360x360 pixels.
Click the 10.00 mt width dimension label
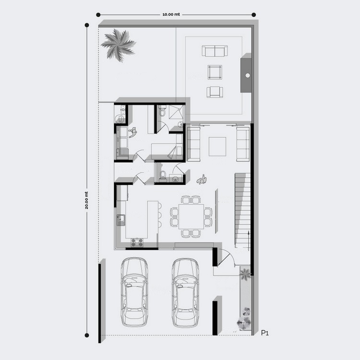(171, 14)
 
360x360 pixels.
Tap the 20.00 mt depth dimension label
(86, 200)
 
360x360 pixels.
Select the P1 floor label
(265, 333)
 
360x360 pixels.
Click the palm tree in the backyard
(119, 45)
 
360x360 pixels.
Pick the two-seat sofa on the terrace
(215, 51)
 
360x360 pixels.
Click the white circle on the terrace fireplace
(248, 75)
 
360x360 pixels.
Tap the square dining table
(191, 216)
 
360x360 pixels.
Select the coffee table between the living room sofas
(217, 146)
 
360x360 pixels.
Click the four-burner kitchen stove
(137, 242)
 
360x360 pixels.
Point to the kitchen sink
(120, 220)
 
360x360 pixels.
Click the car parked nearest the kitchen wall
(134, 292)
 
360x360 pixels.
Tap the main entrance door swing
(226, 258)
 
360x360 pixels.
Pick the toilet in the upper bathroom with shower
(162, 111)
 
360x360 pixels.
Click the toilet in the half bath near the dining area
(163, 175)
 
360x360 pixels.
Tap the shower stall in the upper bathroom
(177, 112)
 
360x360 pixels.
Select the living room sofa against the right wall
(243, 144)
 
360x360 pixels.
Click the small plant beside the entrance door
(245, 274)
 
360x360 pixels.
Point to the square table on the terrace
(215, 72)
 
